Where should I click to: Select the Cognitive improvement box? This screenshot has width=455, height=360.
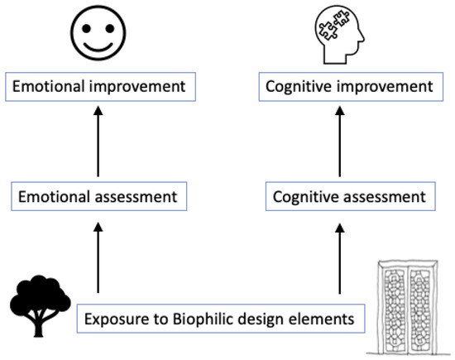347,86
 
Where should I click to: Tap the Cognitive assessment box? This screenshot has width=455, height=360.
348,197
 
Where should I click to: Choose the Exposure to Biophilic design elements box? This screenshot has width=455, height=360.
221,317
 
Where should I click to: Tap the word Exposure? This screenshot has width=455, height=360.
114,317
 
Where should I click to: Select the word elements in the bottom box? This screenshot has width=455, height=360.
325,317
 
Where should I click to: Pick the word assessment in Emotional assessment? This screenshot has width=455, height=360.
135,197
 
